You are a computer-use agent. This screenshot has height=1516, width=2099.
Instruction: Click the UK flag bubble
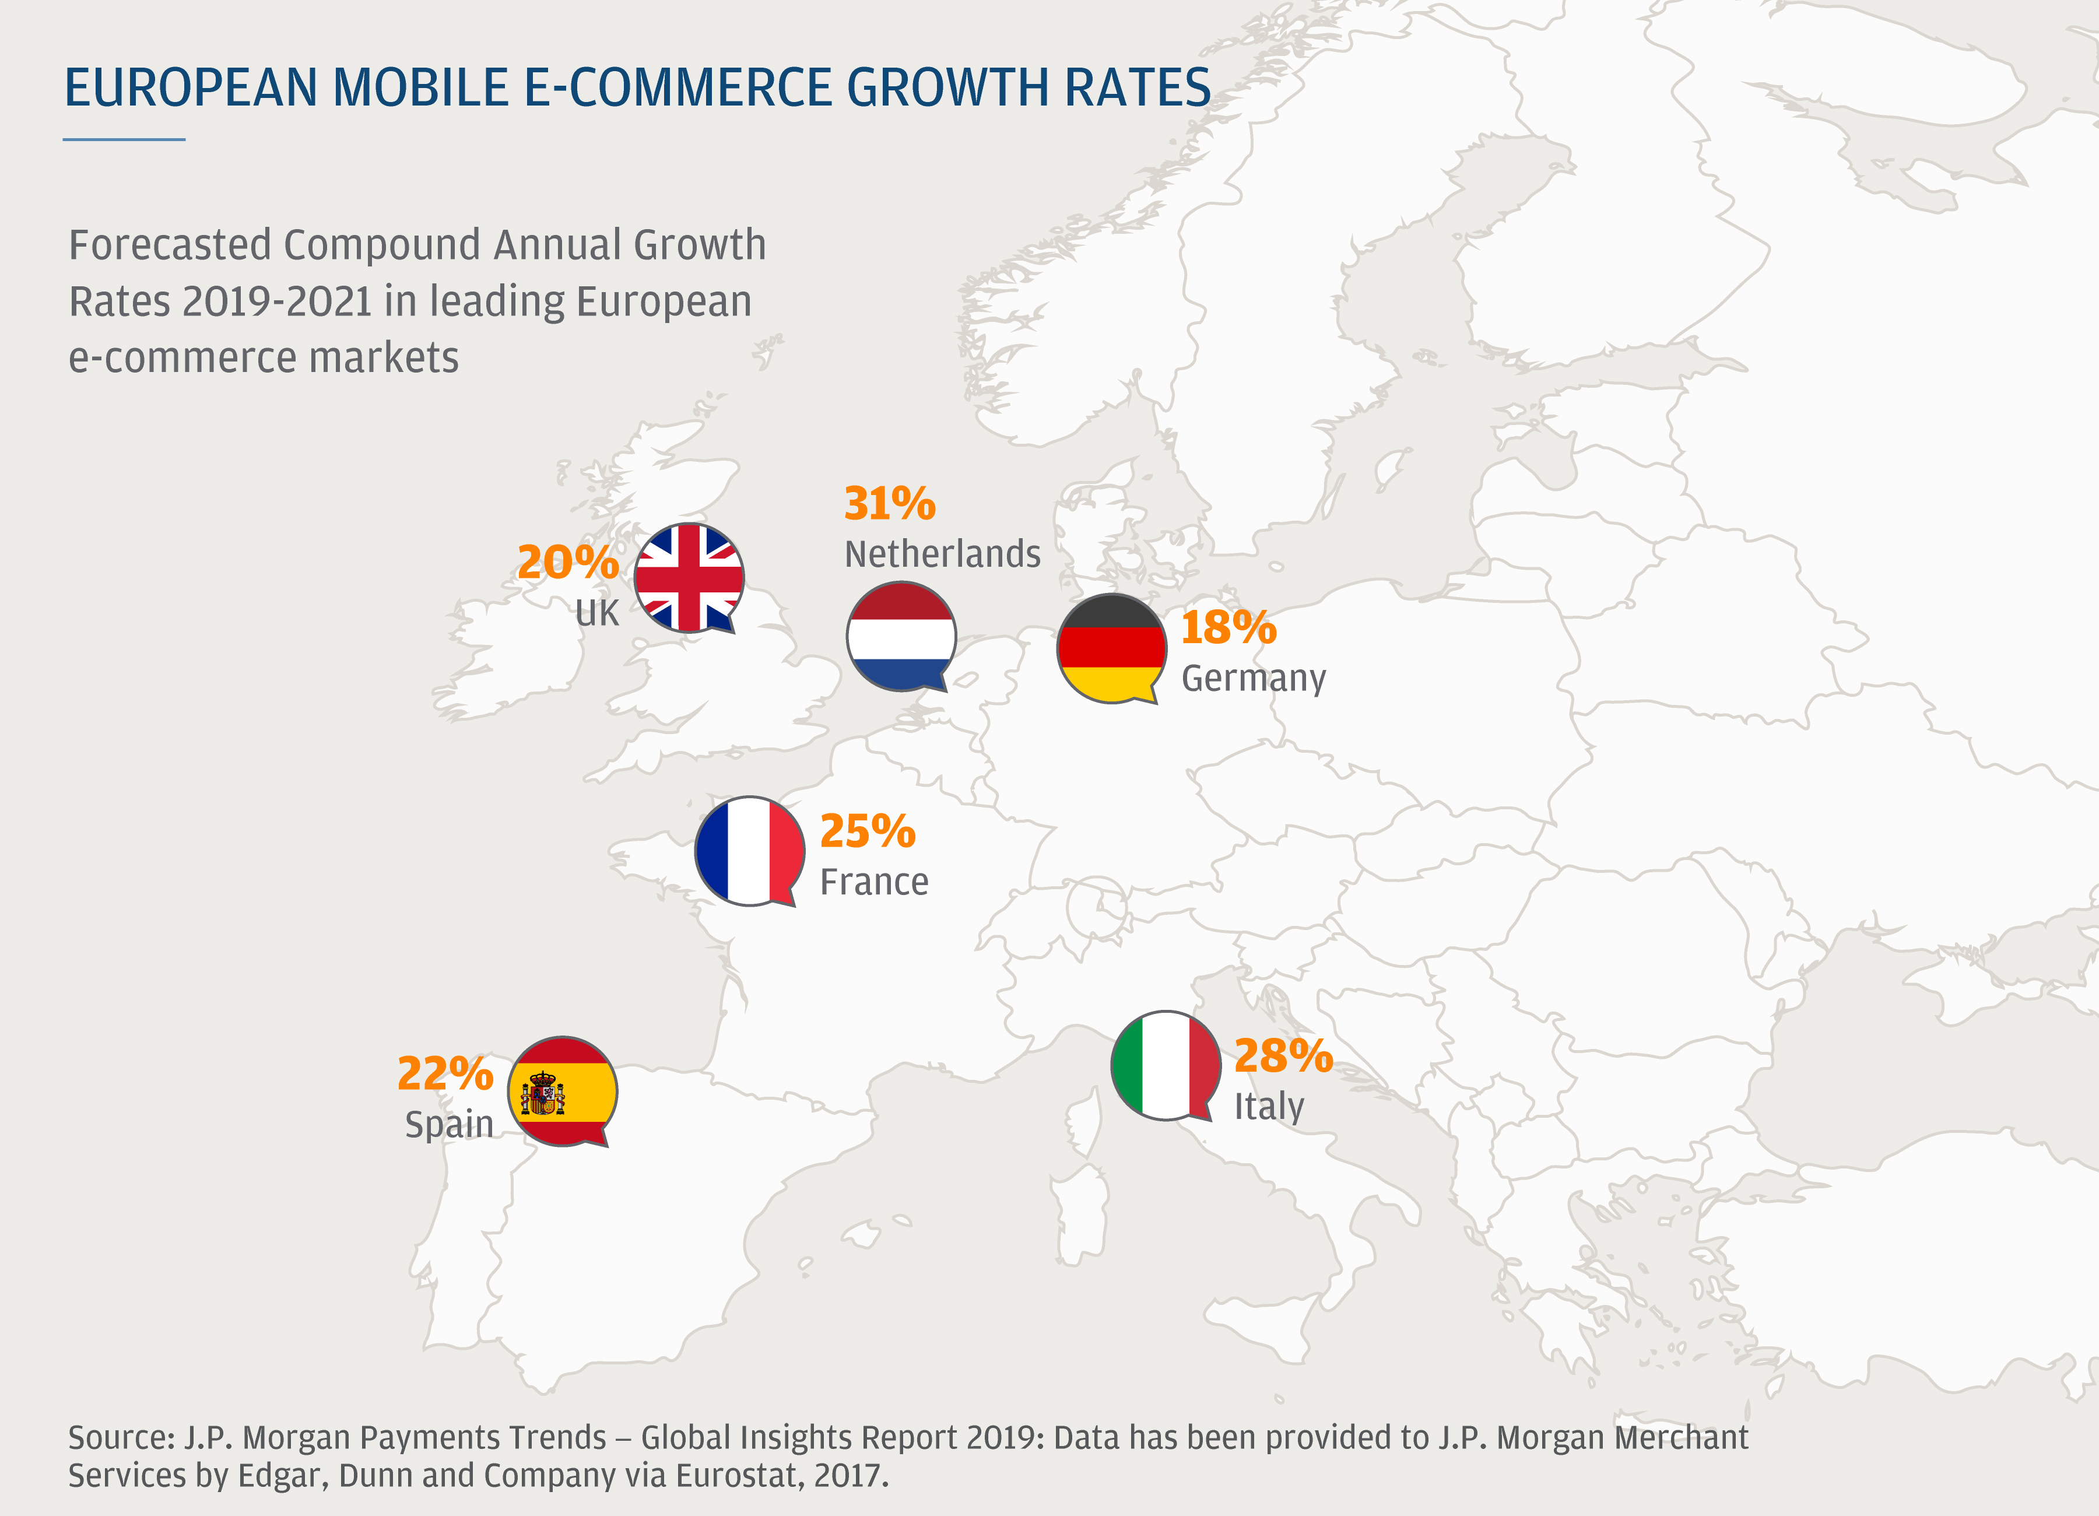689,577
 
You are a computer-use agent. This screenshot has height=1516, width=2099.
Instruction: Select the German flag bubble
1111,648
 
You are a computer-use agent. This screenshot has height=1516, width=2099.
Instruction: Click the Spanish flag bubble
561,1090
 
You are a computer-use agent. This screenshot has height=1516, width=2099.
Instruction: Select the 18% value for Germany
1228,627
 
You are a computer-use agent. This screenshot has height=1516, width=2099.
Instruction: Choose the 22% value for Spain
445,1073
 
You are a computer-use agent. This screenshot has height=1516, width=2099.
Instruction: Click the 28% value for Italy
1283,1055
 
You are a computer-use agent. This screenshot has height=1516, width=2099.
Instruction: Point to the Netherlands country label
942,553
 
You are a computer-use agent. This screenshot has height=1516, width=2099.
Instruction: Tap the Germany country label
1253,678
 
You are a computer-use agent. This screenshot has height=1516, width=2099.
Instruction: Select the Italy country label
1269,1106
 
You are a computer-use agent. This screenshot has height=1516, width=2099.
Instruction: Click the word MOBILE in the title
421,88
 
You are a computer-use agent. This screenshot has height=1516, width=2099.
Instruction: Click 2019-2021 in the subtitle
278,301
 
